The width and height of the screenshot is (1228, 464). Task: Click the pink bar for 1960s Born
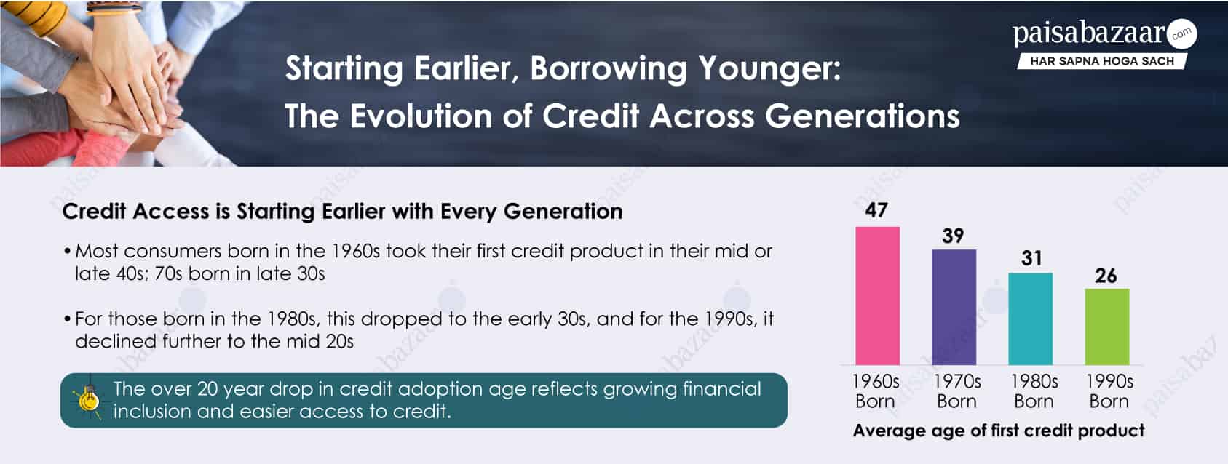point(877,295)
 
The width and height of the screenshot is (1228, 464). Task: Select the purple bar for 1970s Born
point(954,307)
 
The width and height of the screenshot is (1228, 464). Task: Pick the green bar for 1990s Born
point(1106,327)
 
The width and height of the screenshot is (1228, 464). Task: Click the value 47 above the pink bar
point(876,210)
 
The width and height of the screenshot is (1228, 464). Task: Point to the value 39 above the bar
point(953,236)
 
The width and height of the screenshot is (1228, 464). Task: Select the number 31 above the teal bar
point(1031,258)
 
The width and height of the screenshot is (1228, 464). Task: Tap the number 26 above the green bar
point(1106,276)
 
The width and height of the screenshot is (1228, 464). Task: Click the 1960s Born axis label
point(876,391)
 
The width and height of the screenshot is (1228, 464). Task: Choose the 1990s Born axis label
point(1109,391)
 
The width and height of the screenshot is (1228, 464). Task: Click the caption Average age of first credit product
point(998,431)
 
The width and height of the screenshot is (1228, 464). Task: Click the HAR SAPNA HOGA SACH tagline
point(1101,61)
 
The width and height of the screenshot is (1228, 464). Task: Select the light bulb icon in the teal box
point(87,399)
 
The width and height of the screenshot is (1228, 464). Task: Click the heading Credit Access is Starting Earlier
point(342,212)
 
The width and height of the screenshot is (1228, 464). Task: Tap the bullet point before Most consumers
point(67,252)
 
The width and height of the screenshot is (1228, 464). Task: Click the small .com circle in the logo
point(1181,33)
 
